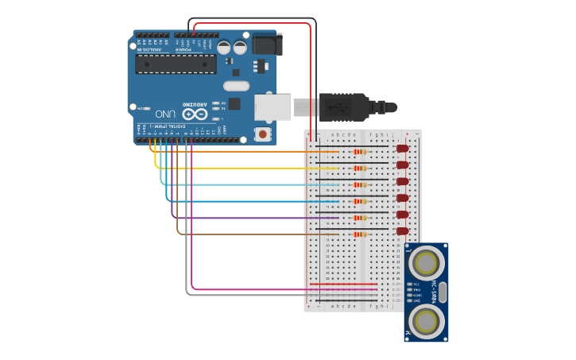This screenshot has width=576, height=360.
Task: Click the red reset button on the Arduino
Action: point(262,134)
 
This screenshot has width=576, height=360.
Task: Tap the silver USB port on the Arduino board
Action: point(273,106)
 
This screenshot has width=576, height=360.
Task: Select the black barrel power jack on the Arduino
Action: point(267,45)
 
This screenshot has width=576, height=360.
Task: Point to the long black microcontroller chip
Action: point(175,64)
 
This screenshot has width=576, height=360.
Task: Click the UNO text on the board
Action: point(165,114)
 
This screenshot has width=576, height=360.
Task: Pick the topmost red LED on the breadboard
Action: point(402,149)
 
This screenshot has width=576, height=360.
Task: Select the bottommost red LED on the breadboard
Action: point(402,231)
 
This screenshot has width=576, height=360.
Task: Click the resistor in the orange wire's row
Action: point(361,152)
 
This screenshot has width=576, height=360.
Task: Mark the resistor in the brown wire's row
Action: point(361,234)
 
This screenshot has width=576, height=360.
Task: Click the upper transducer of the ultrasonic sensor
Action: point(427,261)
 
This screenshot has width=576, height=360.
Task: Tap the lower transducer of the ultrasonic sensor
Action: point(427,321)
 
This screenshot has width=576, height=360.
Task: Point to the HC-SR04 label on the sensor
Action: point(434,291)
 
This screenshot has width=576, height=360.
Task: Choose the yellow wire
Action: point(238,168)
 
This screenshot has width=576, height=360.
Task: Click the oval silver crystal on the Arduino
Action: point(236,86)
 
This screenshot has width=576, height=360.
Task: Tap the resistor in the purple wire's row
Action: point(361,218)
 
